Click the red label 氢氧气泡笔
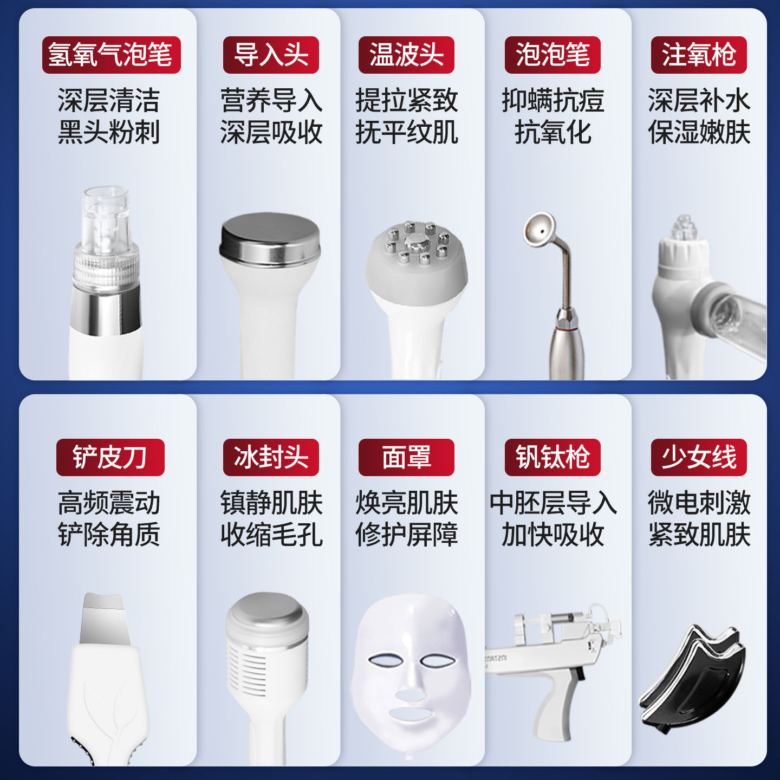[111, 55]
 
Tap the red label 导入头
[271, 55]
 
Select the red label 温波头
[406, 55]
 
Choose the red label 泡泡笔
[552, 55]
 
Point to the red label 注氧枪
[699, 55]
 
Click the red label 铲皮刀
[110, 457]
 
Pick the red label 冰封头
[271, 457]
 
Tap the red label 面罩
[406, 457]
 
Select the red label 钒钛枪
[552, 457]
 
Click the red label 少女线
[699, 457]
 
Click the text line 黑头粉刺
[109, 133]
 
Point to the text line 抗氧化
[552, 133]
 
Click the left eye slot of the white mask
[385, 661]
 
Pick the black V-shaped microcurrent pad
[693, 677]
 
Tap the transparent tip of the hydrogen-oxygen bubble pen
[106, 217]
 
